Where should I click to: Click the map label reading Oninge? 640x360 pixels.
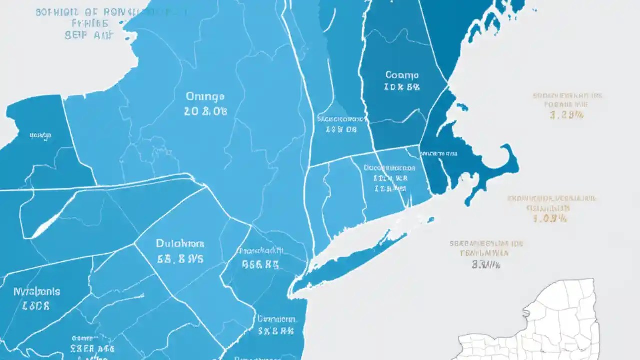[205, 96]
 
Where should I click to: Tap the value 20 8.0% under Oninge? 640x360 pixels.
[205, 112]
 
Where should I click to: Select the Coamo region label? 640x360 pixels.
[402, 75]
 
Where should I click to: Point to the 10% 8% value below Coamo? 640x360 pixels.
[402, 87]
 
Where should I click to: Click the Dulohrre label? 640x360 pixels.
[180, 244]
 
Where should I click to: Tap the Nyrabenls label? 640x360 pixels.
[37, 291]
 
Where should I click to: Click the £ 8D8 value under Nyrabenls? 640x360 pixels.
[37, 306]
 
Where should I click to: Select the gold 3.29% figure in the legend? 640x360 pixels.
[567, 115]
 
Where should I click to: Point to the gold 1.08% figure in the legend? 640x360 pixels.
[551, 218]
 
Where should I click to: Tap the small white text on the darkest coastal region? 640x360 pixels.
[438, 153]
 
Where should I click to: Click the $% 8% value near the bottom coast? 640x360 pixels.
[276, 330]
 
